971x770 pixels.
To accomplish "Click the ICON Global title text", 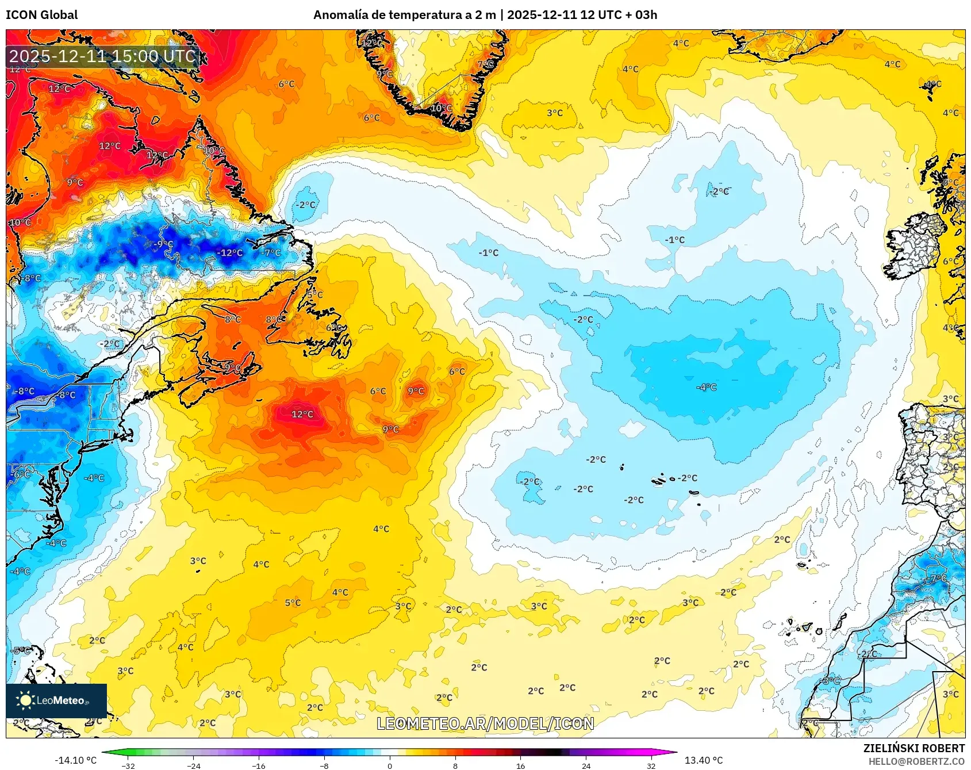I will point(41,15).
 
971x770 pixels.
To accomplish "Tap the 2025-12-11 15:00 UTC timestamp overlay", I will point(102,56).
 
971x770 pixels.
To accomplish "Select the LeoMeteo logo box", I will point(56,700).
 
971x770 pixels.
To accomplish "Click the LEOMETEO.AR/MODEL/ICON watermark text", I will point(485,723).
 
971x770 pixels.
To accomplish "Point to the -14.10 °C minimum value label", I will point(75,760).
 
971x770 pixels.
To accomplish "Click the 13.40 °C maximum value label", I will point(703,760).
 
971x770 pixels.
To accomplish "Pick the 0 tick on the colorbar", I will point(390,765).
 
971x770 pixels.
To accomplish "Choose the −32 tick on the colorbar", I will point(128,765).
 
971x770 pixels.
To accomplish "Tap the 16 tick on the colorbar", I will point(520,765).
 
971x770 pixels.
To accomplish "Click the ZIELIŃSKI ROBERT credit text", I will point(914,748).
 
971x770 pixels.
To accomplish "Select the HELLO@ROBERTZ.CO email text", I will point(916,761).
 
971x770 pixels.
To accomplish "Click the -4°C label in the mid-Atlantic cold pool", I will point(707,388).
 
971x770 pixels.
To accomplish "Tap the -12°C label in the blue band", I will point(230,253).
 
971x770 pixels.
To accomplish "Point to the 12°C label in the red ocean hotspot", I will point(302,415).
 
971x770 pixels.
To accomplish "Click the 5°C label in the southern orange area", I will point(293,603).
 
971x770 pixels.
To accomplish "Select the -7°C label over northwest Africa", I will point(938,578).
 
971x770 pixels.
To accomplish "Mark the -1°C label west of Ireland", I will point(675,240).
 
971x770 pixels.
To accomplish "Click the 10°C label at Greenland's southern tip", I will point(441,108).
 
